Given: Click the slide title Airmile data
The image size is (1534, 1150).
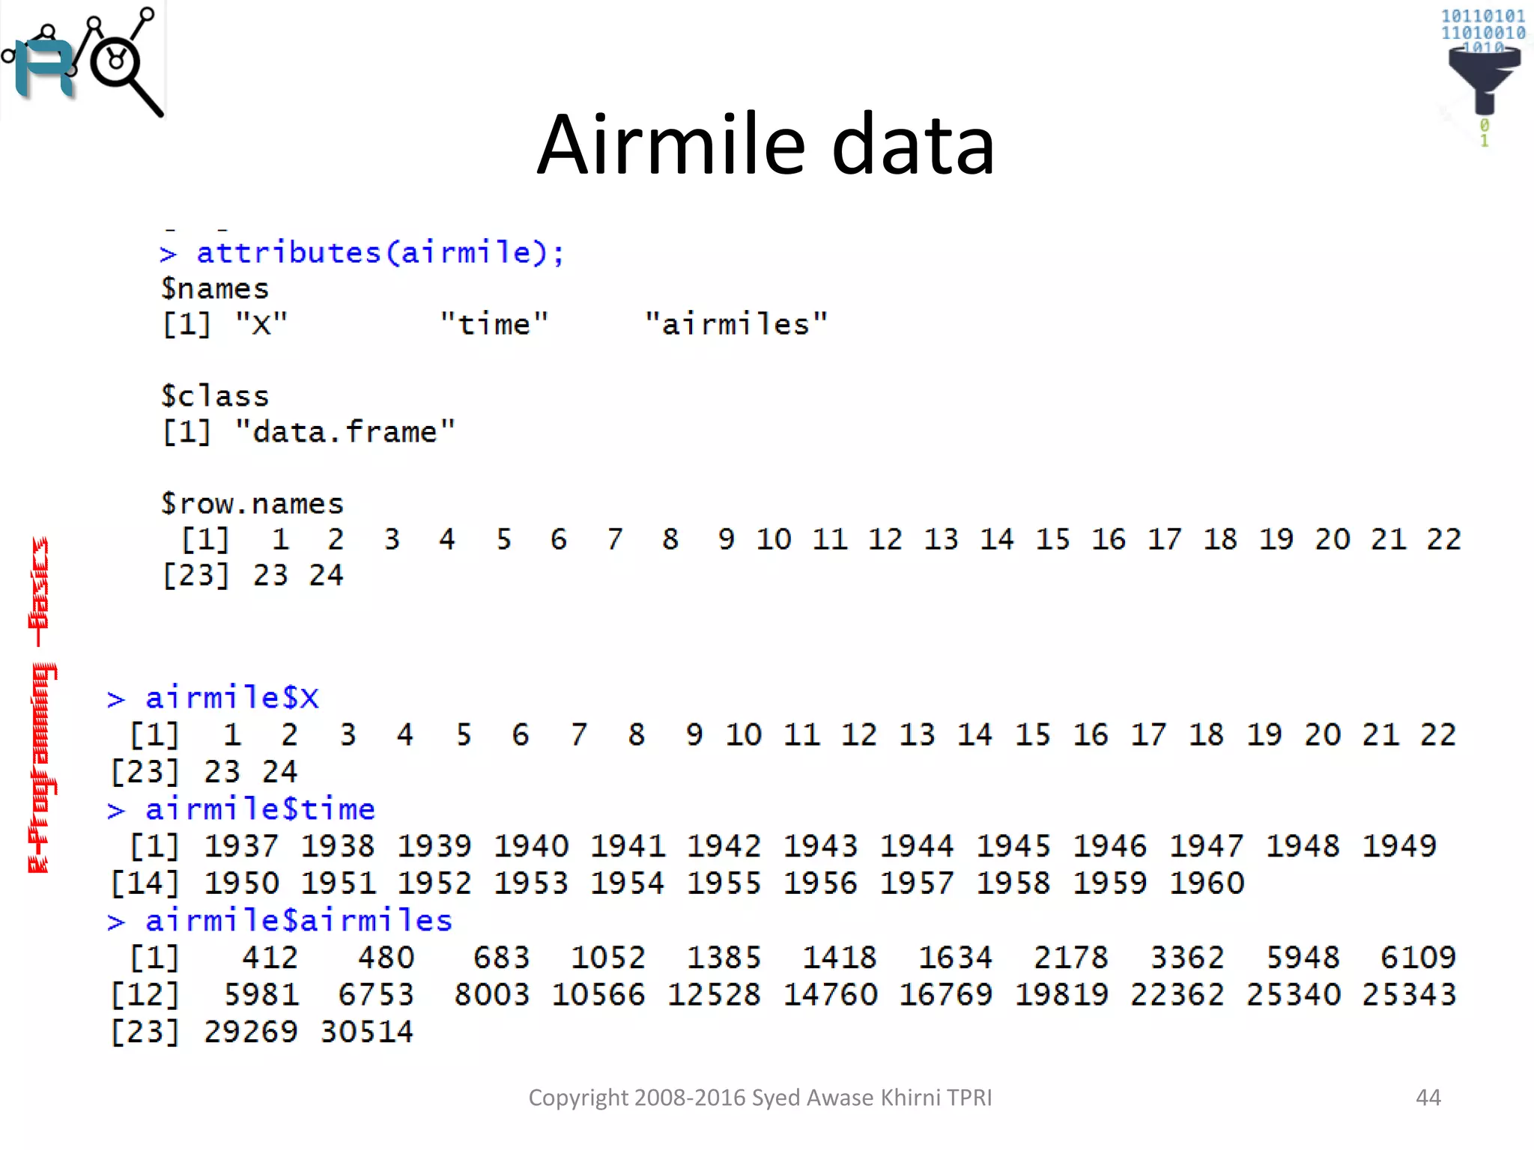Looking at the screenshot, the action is point(766,144).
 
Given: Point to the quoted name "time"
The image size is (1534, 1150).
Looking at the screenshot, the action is point(494,324).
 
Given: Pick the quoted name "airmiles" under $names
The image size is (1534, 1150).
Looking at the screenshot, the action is point(736,324).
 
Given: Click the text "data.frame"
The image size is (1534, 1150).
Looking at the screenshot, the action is point(345,432).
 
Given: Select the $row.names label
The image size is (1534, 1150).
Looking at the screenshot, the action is point(252,503).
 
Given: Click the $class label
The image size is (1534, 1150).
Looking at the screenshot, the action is point(214,396).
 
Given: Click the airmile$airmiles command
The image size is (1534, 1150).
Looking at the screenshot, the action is point(298,921).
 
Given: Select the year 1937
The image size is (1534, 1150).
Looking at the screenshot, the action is point(241,846).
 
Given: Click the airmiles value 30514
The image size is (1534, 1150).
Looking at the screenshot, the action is point(366,1032).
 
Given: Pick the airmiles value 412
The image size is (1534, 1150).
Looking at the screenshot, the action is point(270,958).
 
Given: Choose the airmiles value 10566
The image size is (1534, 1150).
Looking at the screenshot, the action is point(598,995).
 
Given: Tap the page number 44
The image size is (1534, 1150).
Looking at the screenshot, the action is point(1428,1098).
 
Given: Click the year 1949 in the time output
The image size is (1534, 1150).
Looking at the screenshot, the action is point(1398,846).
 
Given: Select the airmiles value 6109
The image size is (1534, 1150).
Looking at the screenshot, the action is point(1418,958).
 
